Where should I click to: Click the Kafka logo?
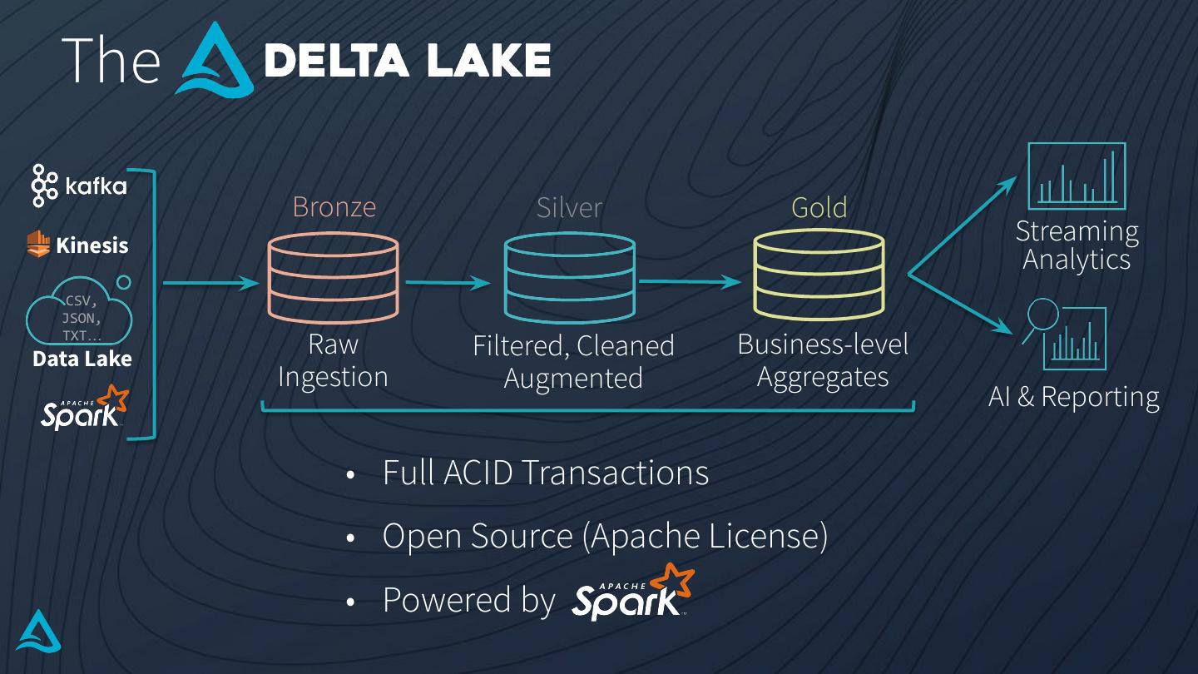79,185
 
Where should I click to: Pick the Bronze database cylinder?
333,279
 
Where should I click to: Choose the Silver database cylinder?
570,279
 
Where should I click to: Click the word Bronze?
334,206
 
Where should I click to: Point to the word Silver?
569,207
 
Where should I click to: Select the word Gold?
819,207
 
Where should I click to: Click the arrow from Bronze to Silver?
449,283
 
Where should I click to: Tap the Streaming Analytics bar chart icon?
1077,176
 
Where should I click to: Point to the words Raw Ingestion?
333,360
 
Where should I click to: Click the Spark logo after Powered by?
633,592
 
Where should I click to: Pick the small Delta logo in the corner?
38,631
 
